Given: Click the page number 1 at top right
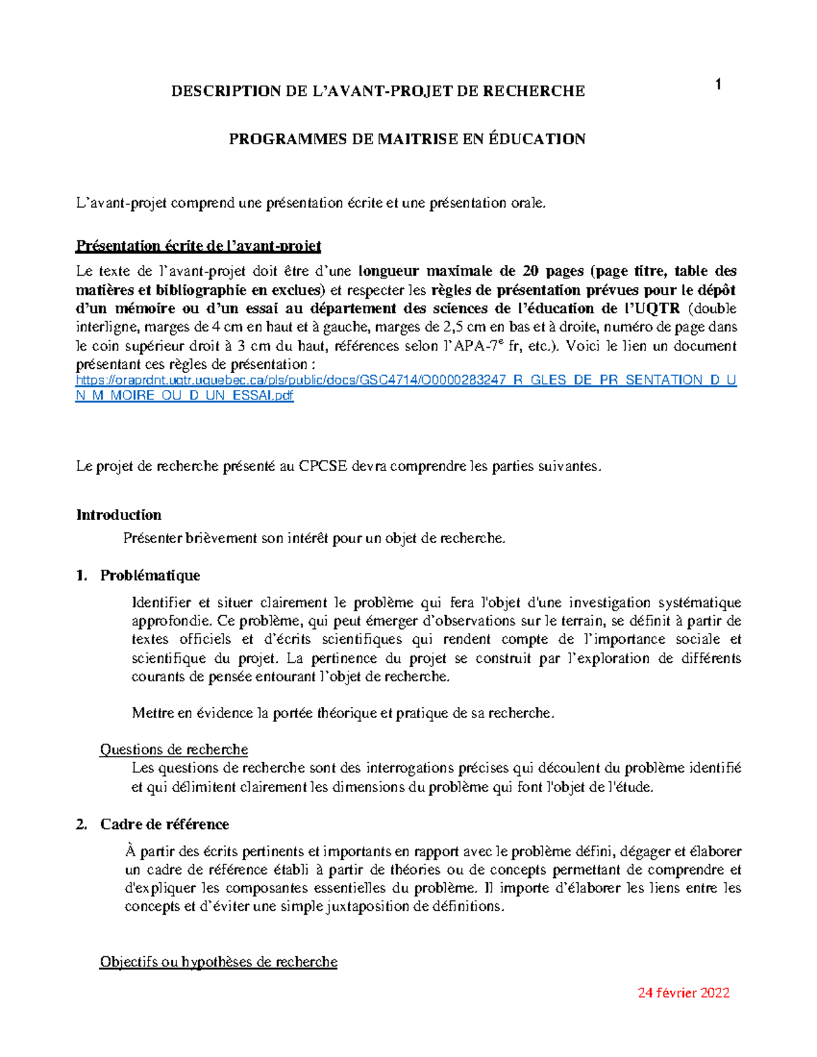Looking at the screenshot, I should [x=718, y=84].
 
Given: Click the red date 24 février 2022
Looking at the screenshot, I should [x=683, y=993].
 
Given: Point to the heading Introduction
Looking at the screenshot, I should [x=118, y=515].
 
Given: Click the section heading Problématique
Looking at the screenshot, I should [x=150, y=575].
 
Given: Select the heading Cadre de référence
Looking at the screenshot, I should [x=164, y=824].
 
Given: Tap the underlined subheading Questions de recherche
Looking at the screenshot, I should [x=174, y=749].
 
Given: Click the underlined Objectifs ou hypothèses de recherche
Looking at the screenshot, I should [x=218, y=962].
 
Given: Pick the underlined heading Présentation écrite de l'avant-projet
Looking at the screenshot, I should [x=198, y=246].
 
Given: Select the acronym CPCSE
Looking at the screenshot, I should [x=323, y=466].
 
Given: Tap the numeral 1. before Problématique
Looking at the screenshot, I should [x=82, y=575].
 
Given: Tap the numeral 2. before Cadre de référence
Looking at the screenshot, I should [x=82, y=824].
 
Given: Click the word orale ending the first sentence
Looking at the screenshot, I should [x=528, y=203].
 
